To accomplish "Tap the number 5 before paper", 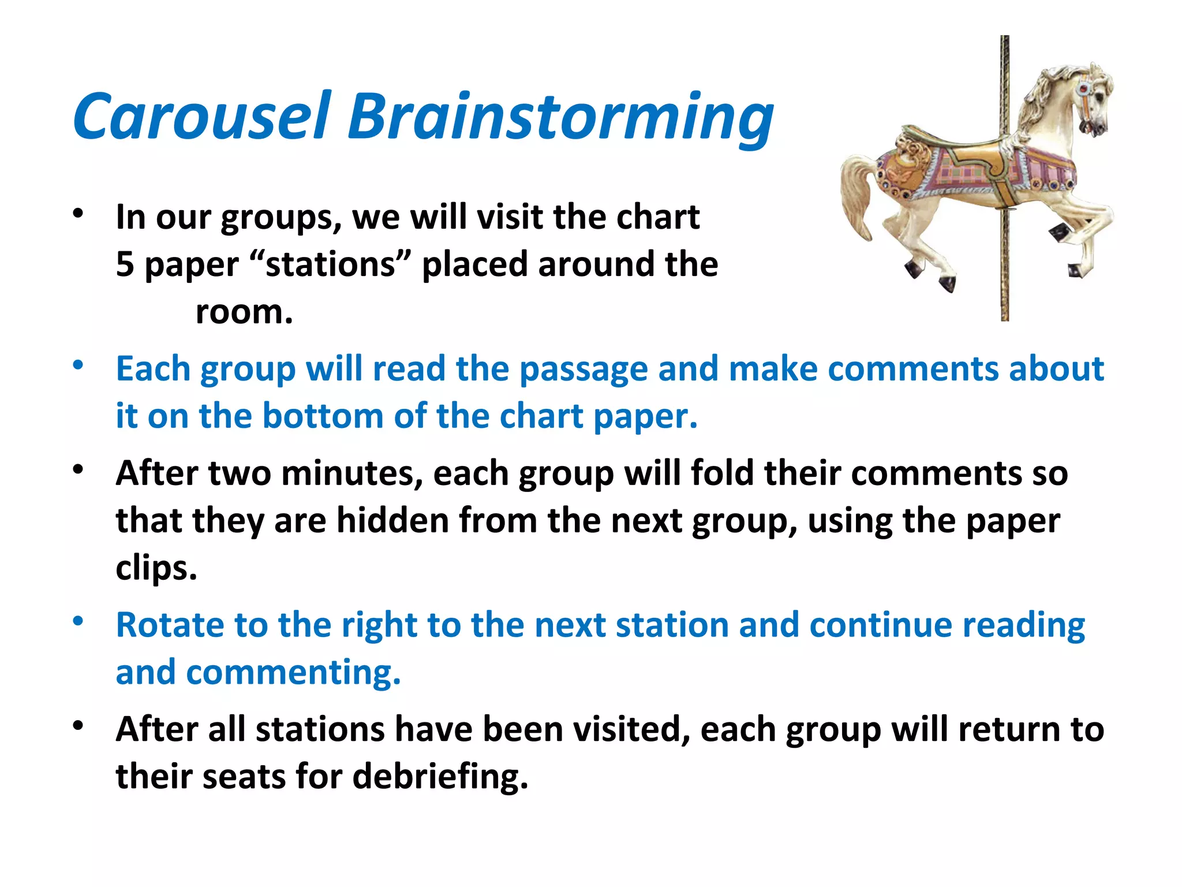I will [125, 264].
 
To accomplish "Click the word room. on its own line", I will [244, 312].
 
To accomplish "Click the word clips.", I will [156, 569].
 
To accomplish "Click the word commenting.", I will [293, 673].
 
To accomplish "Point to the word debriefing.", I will [440, 776].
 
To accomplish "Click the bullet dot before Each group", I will [78, 365].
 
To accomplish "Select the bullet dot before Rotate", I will [78, 622].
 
